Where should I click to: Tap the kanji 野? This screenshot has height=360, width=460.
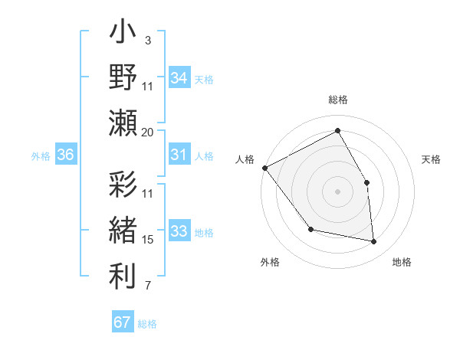click(123, 78)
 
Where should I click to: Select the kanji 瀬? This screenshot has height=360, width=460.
click(123, 123)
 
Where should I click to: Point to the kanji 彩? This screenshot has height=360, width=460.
click(123, 186)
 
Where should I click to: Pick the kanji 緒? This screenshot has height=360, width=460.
click(123, 231)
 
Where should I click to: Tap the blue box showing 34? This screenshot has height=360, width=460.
click(179, 78)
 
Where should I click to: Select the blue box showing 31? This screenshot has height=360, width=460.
click(179, 155)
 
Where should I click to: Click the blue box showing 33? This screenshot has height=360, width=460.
click(179, 231)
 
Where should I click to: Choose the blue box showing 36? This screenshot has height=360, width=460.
click(65, 155)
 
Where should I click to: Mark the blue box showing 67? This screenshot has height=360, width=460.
click(122, 322)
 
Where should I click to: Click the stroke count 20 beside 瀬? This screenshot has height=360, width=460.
click(148, 133)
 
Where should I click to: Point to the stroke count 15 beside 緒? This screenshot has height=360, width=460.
click(148, 240)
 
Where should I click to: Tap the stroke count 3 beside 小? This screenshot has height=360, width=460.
click(147, 39)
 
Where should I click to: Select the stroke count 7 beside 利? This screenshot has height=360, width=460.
click(147, 286)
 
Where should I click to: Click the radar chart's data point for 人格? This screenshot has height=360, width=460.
click(264, 168)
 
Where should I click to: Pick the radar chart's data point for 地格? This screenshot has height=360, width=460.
click(373, 242)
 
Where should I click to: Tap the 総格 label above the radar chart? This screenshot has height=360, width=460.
click(337, 100)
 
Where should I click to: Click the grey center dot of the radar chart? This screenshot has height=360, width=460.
click(337, 191)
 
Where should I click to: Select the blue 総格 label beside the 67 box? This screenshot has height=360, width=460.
click(147, 324)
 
